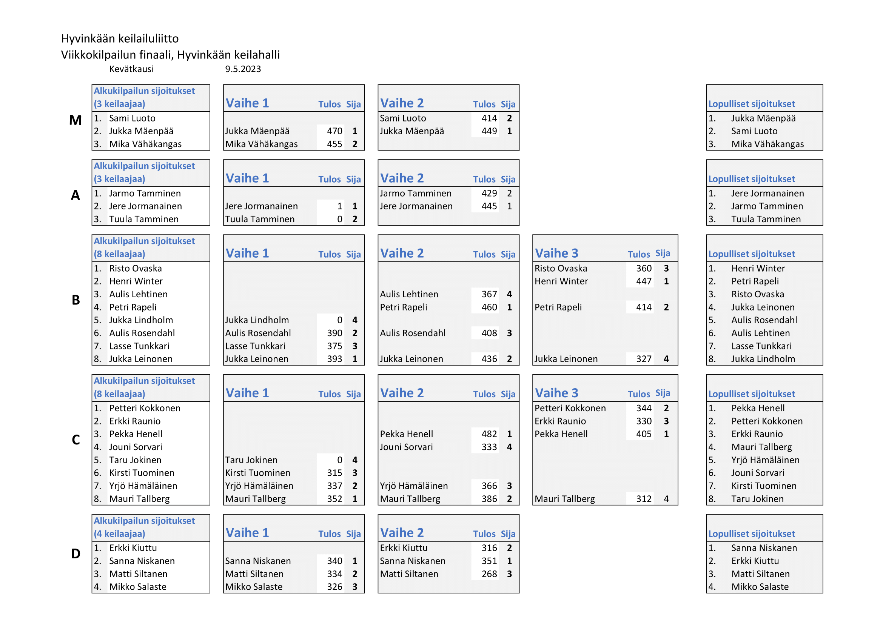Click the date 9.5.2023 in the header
tap(243, 69)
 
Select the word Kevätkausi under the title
tap(131, 69)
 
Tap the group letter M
tap(76, 120)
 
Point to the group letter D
tap(76, 554)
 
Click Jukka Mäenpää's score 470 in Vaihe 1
tap(334, 131)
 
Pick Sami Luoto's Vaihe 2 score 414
tap(489, 118)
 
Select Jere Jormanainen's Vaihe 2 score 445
tap(489, 206)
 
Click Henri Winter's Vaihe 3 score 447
tap(643, 281)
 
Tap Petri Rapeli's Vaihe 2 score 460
tap(489, 307)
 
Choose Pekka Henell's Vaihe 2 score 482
tap(489, 434)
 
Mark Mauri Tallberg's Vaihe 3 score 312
tap(643, 499)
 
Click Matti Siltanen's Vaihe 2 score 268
tap(489, 574)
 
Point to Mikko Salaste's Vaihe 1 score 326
tap(334, 587)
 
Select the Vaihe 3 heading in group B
tap(556, 253)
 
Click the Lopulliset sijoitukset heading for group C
tap(752, 394)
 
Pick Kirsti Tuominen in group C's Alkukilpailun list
tap(142, 473)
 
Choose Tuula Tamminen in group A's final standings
tap(766, 220)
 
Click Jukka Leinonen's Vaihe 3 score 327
tap(643, 359)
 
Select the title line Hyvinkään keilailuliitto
tap(120, 38)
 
